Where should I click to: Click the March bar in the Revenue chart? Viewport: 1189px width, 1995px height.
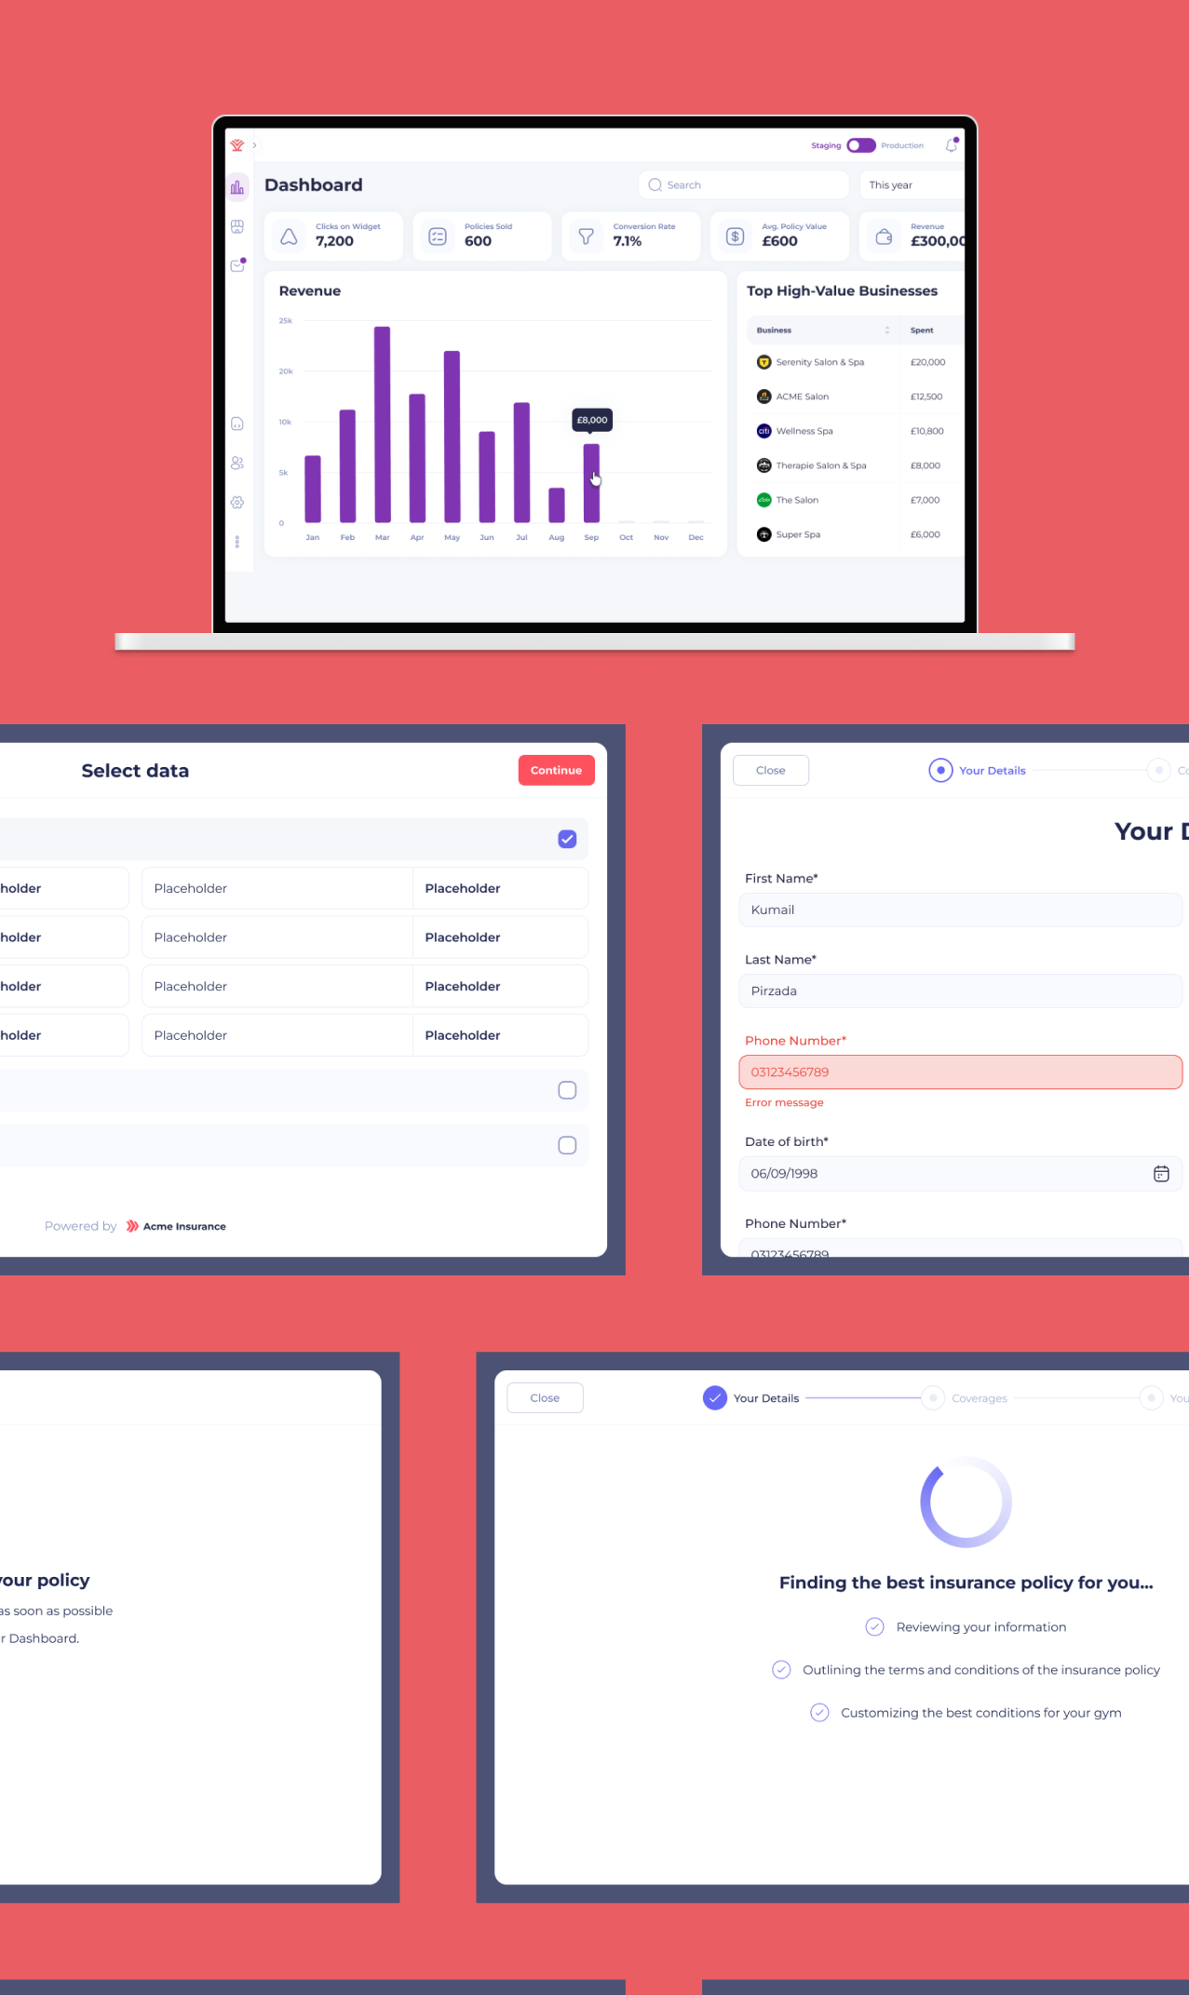(x=382, y=424)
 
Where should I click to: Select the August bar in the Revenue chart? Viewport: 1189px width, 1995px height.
(x=557, y=505)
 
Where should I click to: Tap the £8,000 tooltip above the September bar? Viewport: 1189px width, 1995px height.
(x=592, y=420)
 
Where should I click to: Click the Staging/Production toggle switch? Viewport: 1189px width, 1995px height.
(x=861, y=145)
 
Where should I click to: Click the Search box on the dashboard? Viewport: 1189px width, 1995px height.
(x=743, y=185)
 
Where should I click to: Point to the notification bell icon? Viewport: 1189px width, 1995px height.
(x=952, y=145)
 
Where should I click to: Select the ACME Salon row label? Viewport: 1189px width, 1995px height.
(x=803, y=397)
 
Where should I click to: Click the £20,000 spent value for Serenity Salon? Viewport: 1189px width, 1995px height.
(x=927, y=362)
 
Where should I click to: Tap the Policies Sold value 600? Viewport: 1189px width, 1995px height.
(x=478, y=241)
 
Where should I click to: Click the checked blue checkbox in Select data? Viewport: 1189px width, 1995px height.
(x=567, y=839)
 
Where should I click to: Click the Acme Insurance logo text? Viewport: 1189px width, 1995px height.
(x=184, y=1226)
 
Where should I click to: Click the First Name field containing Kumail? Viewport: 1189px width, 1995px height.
(x=960, y=910)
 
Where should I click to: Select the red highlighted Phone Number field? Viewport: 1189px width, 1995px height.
(x=960, y=1072)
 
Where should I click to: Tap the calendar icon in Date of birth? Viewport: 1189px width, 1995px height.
(x=1161, y=1174)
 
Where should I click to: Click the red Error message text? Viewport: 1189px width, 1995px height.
(x=784, y=1102)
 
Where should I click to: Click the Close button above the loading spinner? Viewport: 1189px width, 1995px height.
(x=545, y=1397)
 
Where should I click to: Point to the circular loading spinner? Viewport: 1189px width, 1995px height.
(x=966, y=1502)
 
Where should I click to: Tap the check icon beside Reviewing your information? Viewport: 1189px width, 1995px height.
(x=874, y=1626)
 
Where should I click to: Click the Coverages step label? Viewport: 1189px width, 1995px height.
(x=980, y=1398)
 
